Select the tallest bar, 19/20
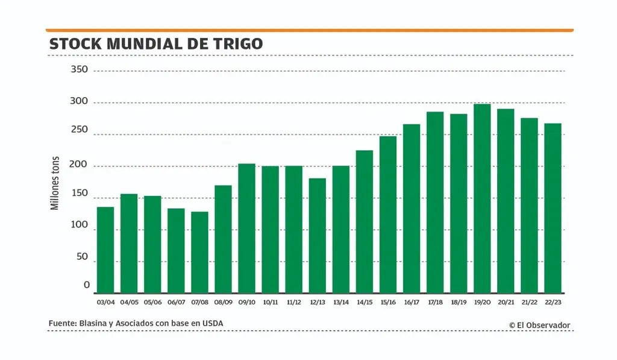coord(482,198)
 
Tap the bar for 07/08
coord(199,252)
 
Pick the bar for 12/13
coord(318,235)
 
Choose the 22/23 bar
coord(553,208)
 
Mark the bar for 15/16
coord(388,215)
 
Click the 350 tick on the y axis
coord(80,70)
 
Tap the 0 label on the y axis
coord(87,285)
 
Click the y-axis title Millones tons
coord(55,183)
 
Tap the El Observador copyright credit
coord(539,325)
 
